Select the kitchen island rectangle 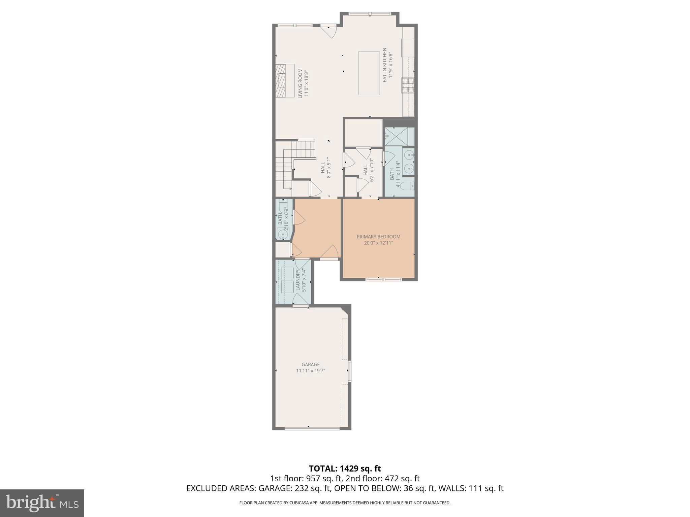(x=369, y=73)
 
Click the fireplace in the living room (x=281, y=81)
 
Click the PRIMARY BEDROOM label (x=378, y=237)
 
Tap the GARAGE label (x=310, y=365)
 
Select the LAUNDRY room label (x=298, y=280)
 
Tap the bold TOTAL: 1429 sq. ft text (x=345, y=469)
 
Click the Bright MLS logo (x=42, y=503)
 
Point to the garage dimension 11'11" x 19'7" (x=310, y=371)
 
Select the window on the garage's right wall (x=350, y=371)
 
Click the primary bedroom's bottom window (x=384, y=279)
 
